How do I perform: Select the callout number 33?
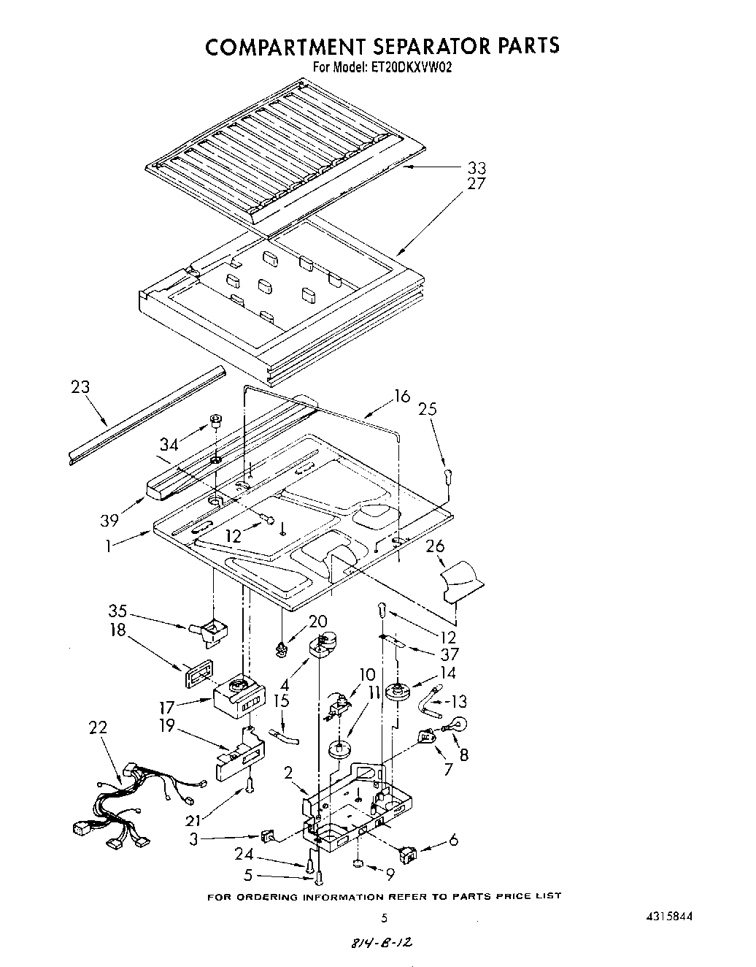tap(476, 168)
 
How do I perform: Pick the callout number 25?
tap(428, 410)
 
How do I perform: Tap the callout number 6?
tap(453, 841)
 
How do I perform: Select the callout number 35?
tap(117, 611)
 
